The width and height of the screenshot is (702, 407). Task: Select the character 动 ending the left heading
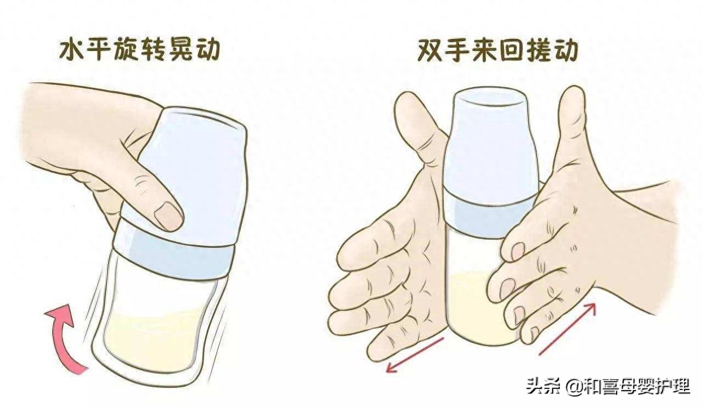click(x=206, y=49)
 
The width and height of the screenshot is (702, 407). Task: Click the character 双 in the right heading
click(x=431, y=50)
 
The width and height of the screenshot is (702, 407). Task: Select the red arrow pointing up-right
click(x=567, y=329)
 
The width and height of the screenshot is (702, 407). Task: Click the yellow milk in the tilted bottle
click(x=154, y=337)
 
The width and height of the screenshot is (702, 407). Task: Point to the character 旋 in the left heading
click(x=126, y=49)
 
